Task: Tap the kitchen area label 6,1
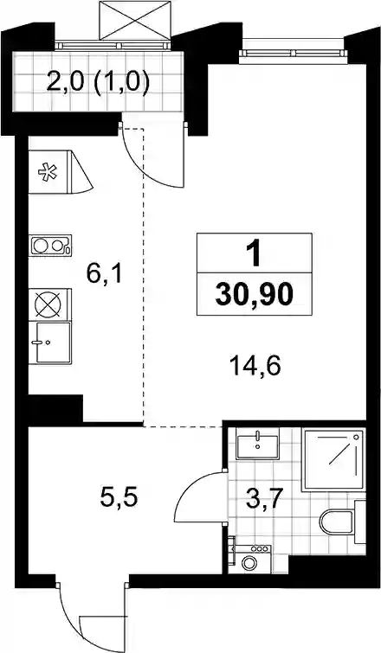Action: coord(104,273)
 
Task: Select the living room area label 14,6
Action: coord(255,367)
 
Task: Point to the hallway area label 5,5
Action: coord(119,497)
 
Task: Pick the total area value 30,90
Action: coord(255,295)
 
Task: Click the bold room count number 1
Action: coord(254,253)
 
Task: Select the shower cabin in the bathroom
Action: coord(334,459)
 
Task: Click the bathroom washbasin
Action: coord(258,445)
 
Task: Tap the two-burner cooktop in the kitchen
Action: coord(50,246)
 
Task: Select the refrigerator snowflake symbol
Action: coord(47,172)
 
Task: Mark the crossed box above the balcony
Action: coord(135,21)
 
